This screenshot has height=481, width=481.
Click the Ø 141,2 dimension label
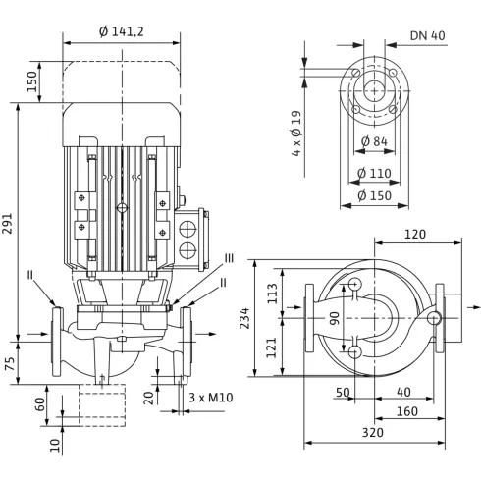122,31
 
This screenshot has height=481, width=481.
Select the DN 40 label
428,35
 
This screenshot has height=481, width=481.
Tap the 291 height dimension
8,224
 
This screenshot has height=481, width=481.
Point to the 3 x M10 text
211,398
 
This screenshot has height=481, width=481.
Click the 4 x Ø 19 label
296,134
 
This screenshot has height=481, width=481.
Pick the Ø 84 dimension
374,141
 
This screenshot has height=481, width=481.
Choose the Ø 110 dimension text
374,173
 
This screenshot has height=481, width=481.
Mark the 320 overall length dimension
373,433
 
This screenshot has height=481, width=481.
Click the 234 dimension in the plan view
244,318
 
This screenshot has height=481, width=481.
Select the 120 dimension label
415,235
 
